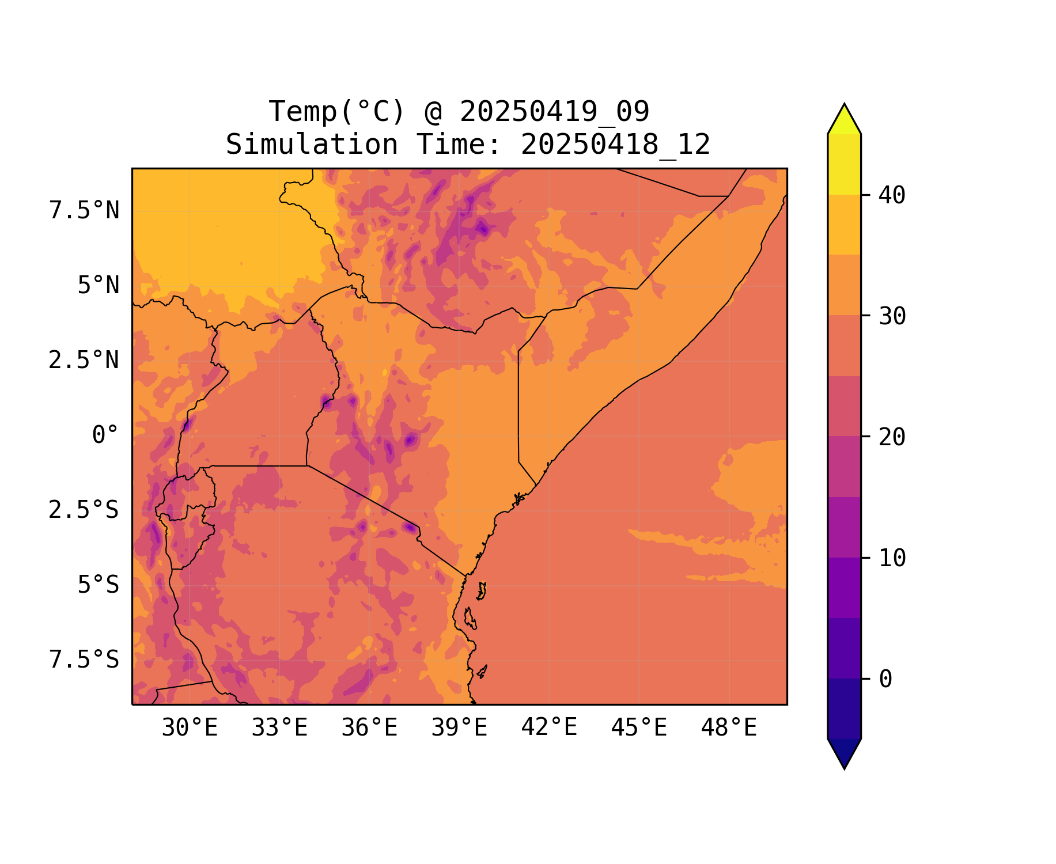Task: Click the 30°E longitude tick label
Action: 190,728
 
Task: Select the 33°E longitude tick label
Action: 279,728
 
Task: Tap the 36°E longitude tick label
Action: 369,728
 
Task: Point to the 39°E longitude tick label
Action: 459,728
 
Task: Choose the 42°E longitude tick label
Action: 549,727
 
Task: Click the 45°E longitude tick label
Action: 639,728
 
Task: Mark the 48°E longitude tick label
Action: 729,728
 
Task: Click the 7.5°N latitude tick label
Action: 84,211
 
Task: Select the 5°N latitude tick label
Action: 99,286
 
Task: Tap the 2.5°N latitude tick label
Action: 84,361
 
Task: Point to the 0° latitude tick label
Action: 105,435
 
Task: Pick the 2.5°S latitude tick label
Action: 84,510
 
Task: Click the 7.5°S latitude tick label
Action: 84,660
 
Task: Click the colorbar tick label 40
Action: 892,195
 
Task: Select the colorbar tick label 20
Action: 892,437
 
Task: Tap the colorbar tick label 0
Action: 885,679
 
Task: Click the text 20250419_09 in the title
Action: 554,112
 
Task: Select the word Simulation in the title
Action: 312,145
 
